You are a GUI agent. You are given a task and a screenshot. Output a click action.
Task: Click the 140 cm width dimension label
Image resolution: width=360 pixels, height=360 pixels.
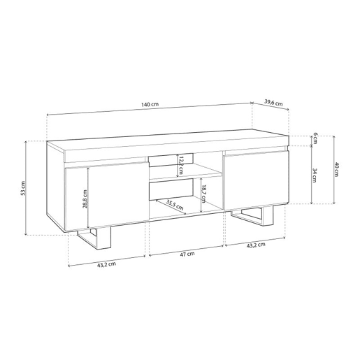tap(150, 104)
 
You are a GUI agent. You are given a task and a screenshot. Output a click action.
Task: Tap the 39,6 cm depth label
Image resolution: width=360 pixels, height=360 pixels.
tap(273, 103)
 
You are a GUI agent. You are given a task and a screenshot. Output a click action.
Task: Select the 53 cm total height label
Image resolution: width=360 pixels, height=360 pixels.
tap(23, 188)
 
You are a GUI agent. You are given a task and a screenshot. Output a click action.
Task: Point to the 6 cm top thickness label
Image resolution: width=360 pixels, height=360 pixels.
tap(315, 138)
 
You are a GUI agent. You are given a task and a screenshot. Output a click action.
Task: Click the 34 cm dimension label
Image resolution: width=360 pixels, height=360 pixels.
tap(315, 175)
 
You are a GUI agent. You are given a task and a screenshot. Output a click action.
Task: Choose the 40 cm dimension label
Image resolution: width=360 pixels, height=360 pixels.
tap(336, 169)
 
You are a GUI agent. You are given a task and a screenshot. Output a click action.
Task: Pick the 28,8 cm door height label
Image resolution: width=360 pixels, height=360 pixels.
tap(85, 199)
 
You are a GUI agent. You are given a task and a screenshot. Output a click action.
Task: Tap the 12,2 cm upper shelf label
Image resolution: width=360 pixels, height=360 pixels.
tap(180, 166)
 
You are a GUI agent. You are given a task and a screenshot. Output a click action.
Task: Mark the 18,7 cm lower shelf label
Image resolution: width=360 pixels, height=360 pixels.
tap(203, 194)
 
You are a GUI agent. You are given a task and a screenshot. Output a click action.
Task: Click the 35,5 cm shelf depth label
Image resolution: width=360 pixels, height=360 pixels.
tap(175, 204)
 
